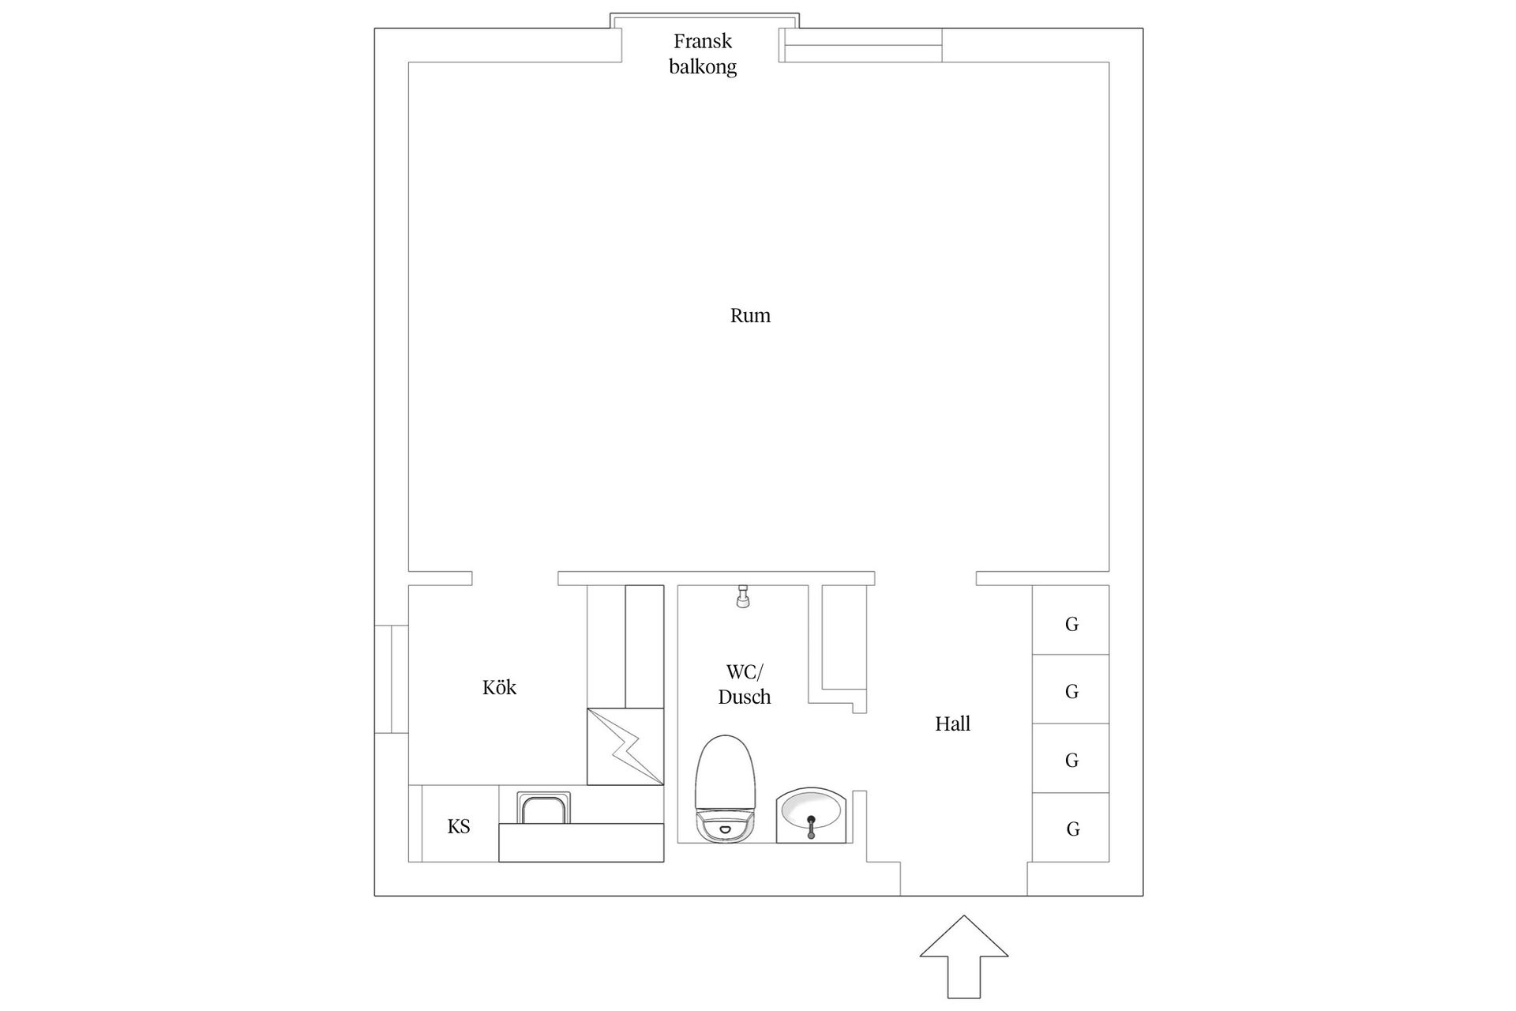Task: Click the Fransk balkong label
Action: pyautogui.click(x=703, y=54)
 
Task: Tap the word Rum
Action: pyautogui.click(x=750, y=316)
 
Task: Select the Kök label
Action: pyautogui.click(x=499, y=687)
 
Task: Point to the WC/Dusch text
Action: pyautogui.click(x=745, y=685)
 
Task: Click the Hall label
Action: pyautogui.click(x=952, y=723)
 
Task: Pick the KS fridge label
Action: pyautogui.click(x=459, y=826)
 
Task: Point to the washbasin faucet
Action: pyautogui.click(x=811, y=825)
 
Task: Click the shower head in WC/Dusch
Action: pyautogui.click(x=742, y=596)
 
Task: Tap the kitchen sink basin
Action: pyautogui.click(x=543, y=808)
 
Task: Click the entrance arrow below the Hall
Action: pyautogui.click(x=963, y=956)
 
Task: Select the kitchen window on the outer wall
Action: pyautogui.click(x=391, y=679)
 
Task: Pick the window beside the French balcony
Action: pyautogui.click(x=861, y=45)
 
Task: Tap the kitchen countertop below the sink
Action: pyautogui.click(x=581, y=842)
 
